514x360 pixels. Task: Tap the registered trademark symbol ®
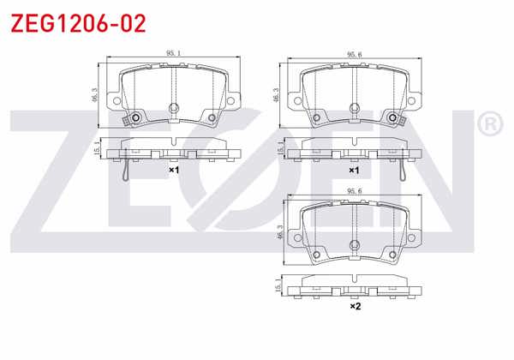click(x=489, y=125)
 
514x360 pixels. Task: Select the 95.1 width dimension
click(x=172, y=54)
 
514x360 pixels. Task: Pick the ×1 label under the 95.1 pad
click(x=172, y=171)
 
